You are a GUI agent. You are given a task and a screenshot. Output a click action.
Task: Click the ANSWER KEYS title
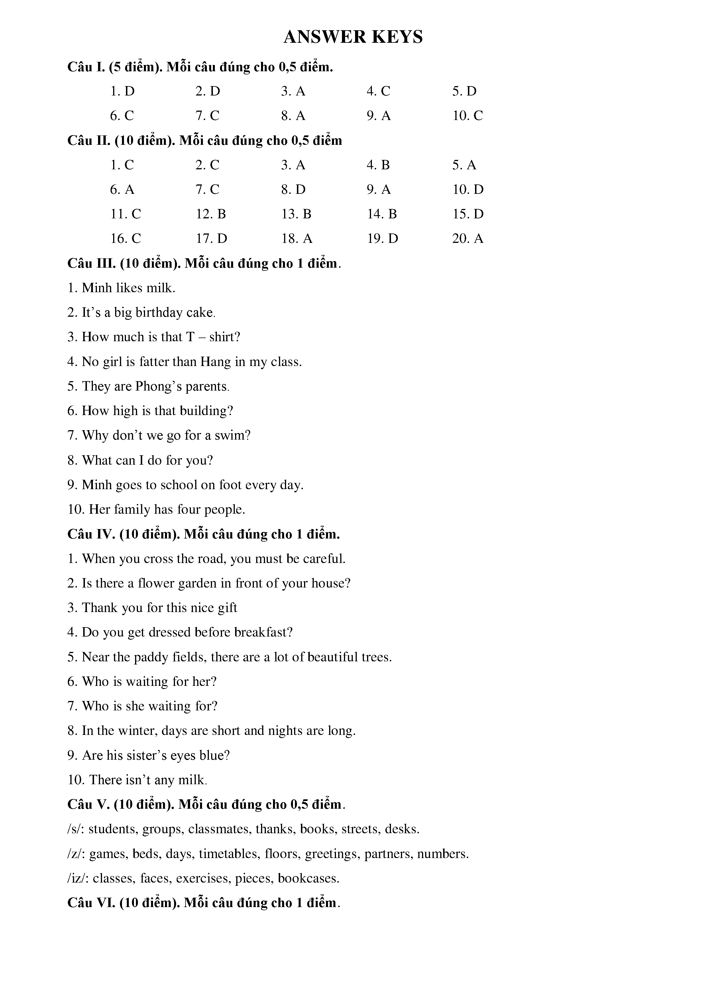pyautogui.click(x=353, y=37)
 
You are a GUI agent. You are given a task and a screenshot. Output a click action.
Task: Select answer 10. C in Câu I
pyautogui.click(x=468, y=116)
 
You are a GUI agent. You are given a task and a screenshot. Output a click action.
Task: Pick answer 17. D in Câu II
pyautogui.click(x=211, y=239)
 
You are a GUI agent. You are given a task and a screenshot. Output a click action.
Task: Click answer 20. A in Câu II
pyautogui.click(x=468, y=239)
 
